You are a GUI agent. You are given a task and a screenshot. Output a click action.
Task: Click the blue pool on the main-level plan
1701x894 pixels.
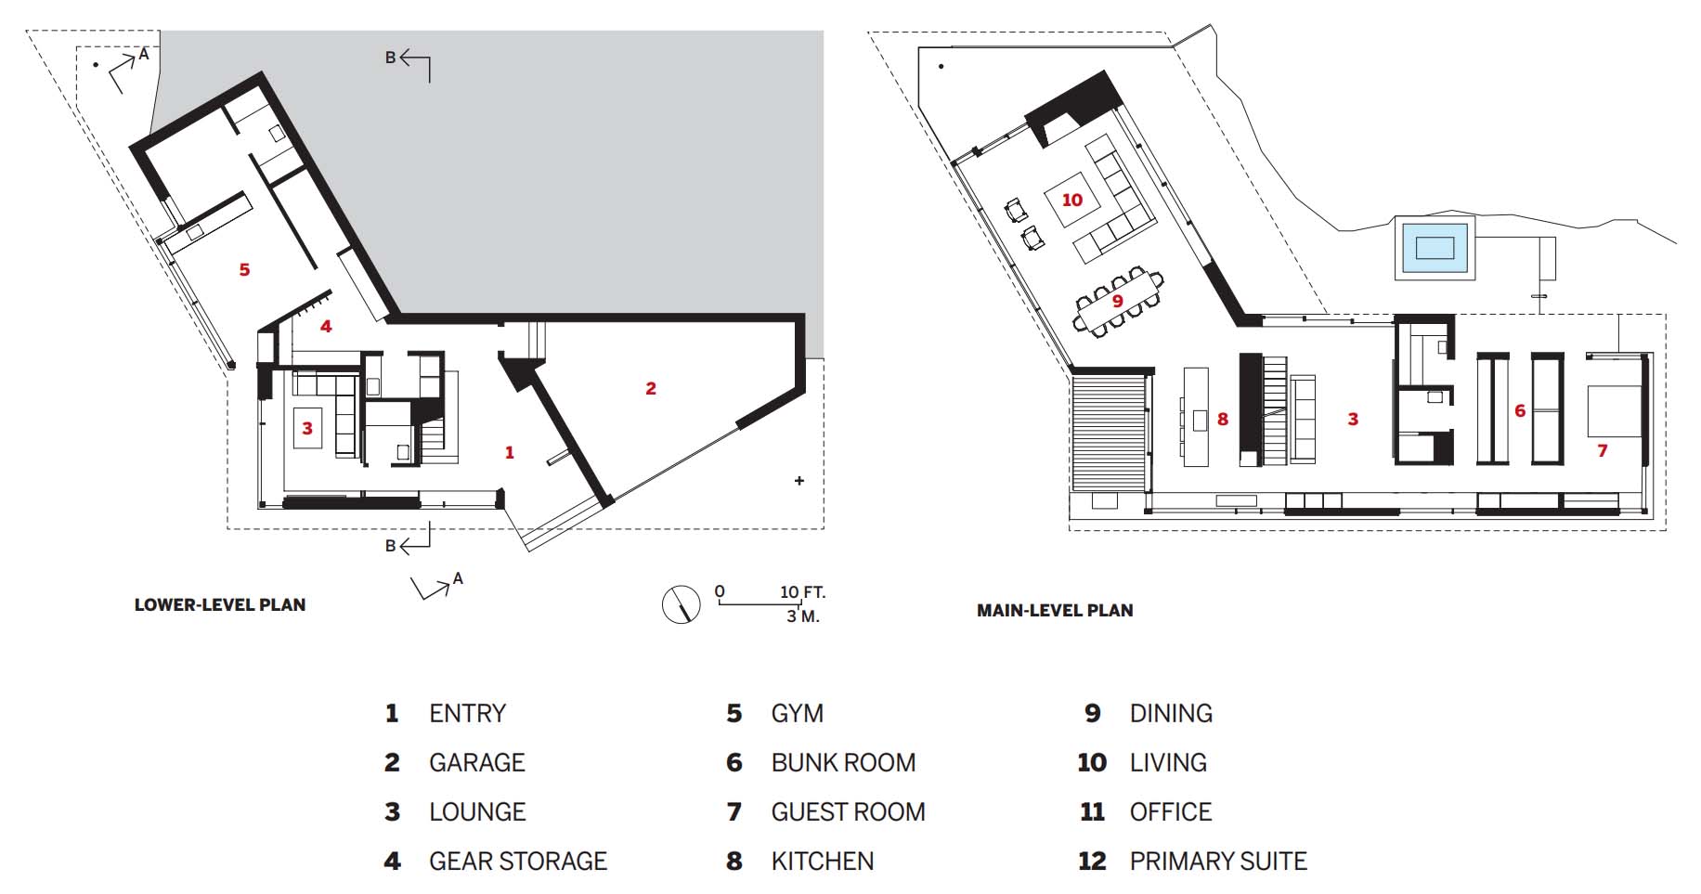point(1435,248)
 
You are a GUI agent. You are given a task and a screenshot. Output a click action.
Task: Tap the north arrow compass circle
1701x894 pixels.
point(681,605)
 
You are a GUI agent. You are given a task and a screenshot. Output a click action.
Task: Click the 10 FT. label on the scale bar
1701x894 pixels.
point(802,592)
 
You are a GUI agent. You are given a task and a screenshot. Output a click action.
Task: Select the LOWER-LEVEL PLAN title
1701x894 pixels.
point(220,604)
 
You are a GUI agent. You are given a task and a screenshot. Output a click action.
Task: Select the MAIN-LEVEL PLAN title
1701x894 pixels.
point(1055,610)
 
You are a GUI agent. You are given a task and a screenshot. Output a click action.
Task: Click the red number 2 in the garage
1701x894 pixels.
point(651,388)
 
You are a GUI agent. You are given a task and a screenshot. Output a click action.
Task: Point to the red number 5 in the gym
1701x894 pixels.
point(244,269)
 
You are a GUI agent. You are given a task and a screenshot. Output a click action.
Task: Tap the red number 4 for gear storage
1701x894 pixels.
point(326,326)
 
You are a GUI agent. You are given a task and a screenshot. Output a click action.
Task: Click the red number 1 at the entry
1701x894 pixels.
point(509,452)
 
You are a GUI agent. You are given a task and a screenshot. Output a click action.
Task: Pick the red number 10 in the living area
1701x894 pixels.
point(1072,200)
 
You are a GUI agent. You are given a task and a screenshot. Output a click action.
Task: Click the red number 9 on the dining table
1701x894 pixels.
point(1118,301)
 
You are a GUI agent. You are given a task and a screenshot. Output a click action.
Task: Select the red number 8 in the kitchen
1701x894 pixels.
point(1223,419)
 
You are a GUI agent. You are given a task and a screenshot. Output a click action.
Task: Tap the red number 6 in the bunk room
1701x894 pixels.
point(1520,410)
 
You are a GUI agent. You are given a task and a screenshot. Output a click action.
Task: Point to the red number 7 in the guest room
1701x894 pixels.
point(1602,450)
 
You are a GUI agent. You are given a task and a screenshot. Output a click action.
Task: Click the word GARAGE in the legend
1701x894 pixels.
point(477,762)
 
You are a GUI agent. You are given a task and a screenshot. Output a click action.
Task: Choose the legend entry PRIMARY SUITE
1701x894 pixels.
point(1218,861)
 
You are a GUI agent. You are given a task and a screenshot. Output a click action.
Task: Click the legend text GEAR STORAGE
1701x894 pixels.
point(518,861)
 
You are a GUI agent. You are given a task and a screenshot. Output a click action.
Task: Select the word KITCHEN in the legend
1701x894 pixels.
point(823,861)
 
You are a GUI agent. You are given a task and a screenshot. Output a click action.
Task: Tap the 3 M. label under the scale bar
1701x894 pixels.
point(803,615)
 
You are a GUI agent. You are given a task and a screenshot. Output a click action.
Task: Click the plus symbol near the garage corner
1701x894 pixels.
point(799,480)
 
